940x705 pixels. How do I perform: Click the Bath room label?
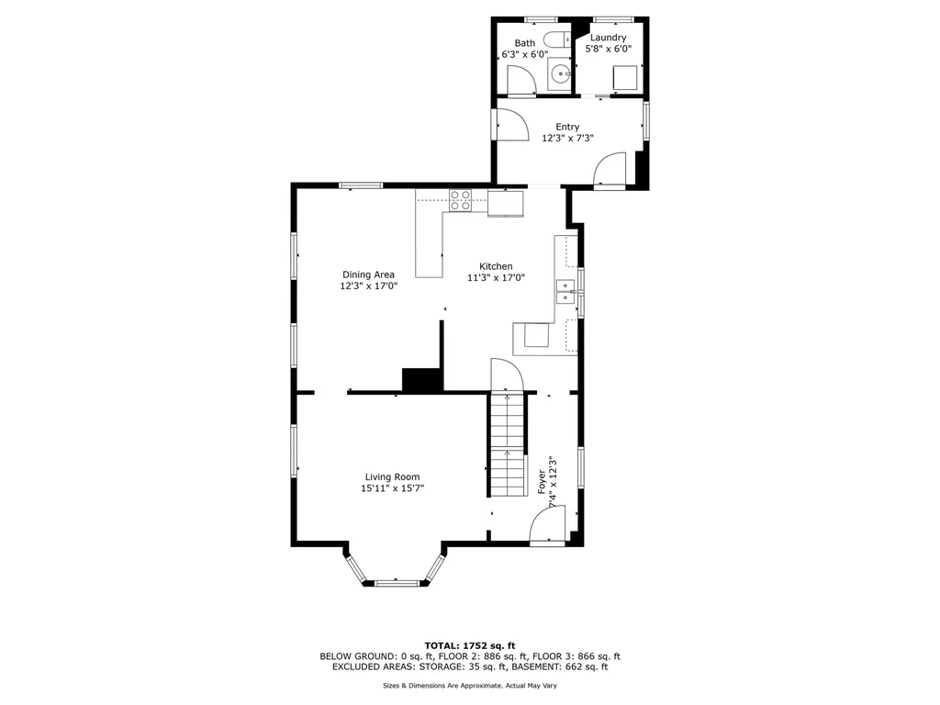click(x=524, y=42)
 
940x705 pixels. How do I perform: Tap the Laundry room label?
click(x=608, y=38)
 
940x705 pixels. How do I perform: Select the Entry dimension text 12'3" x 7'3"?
click(x=567, y=139)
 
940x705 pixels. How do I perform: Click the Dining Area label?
click(x=368, y=274)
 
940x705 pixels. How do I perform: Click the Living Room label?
click(x=392, y=476)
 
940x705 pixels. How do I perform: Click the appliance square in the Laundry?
click(x=625, y=78)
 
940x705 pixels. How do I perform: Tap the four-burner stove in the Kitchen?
click(x=460, y=199)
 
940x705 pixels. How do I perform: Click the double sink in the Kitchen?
click(x=565, y=292)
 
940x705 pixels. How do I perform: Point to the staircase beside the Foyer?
click(x=507, y=442)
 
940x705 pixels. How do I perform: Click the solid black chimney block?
click(x=422, y=379)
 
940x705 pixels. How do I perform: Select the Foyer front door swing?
click(x=547, y=529)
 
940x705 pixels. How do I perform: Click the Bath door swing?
click(x=520, y=82)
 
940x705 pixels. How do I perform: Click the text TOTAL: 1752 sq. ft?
click(x=469, y=645)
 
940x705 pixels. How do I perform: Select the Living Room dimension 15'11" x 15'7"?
click(x=392, y=489)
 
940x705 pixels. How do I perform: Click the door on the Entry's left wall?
click(x=509, y=124)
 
